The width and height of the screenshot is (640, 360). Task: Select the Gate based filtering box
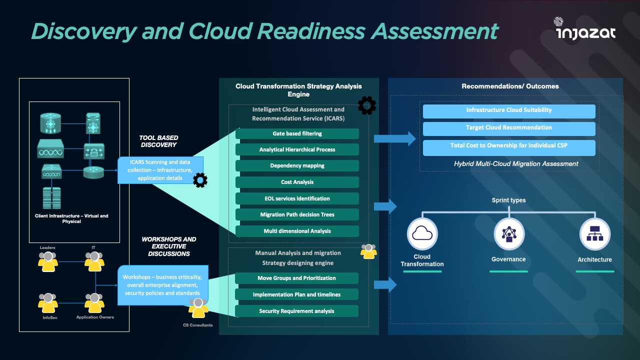297,133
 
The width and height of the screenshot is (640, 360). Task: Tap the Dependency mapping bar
297,166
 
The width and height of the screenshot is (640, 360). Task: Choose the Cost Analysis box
297,182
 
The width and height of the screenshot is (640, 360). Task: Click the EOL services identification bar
297,198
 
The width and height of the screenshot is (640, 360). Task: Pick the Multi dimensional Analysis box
297,231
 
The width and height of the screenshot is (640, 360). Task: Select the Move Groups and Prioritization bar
296,278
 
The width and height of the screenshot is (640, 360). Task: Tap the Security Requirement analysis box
296,311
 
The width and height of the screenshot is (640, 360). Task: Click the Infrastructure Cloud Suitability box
509,110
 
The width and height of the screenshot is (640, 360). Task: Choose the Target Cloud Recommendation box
509,128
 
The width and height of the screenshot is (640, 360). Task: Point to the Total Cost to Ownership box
509,146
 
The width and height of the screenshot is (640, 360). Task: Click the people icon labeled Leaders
48,261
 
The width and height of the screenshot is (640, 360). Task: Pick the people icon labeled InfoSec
48,303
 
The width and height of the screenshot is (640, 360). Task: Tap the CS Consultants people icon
198,309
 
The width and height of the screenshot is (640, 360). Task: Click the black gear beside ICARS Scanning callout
200,180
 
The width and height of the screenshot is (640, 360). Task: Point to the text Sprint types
508,200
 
